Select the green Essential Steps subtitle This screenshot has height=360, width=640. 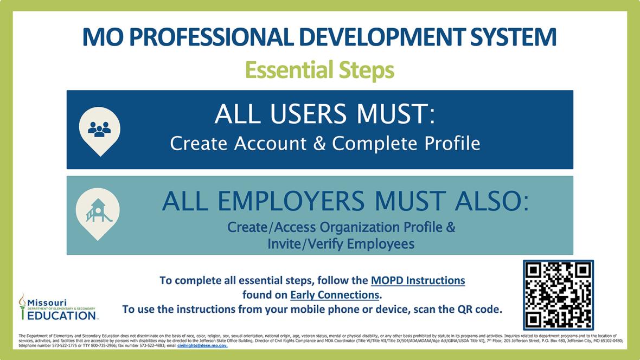click(x=319, y=70)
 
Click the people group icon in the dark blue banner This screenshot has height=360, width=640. click(x=99, y=129)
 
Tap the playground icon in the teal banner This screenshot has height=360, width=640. click(x=98, y=211)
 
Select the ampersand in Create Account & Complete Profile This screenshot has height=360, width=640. click(x=320, y=144)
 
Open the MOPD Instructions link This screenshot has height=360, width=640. click(x=418, y=281)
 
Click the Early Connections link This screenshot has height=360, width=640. click(x=335, y=295)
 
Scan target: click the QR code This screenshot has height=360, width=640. click(x=558, y=295)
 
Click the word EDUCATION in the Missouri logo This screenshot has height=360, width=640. click(x=61, y=315)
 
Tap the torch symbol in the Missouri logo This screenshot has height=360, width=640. click(x=22, y=306)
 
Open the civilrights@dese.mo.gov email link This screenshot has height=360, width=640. click(x=202, y=345)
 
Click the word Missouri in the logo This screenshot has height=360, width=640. click(x=47, y=302)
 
